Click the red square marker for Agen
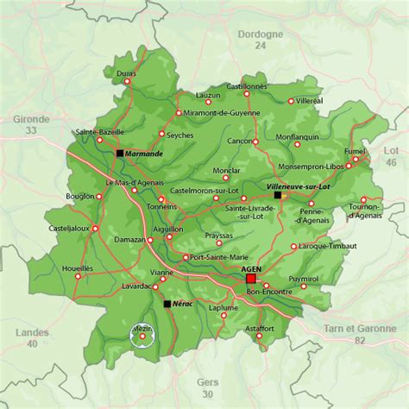coord(251,280)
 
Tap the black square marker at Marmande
coord(120,153)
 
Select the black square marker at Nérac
coord(167,304)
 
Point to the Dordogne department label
coord(259,34)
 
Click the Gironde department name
coord(31,119)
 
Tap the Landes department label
coord(33,332)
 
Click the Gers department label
coord(207,382)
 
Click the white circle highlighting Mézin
coord(142,335)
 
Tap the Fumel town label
coord(355,150)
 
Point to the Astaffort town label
coord(259,329)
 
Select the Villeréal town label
coord(309,101)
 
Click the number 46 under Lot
coord(391,162)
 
